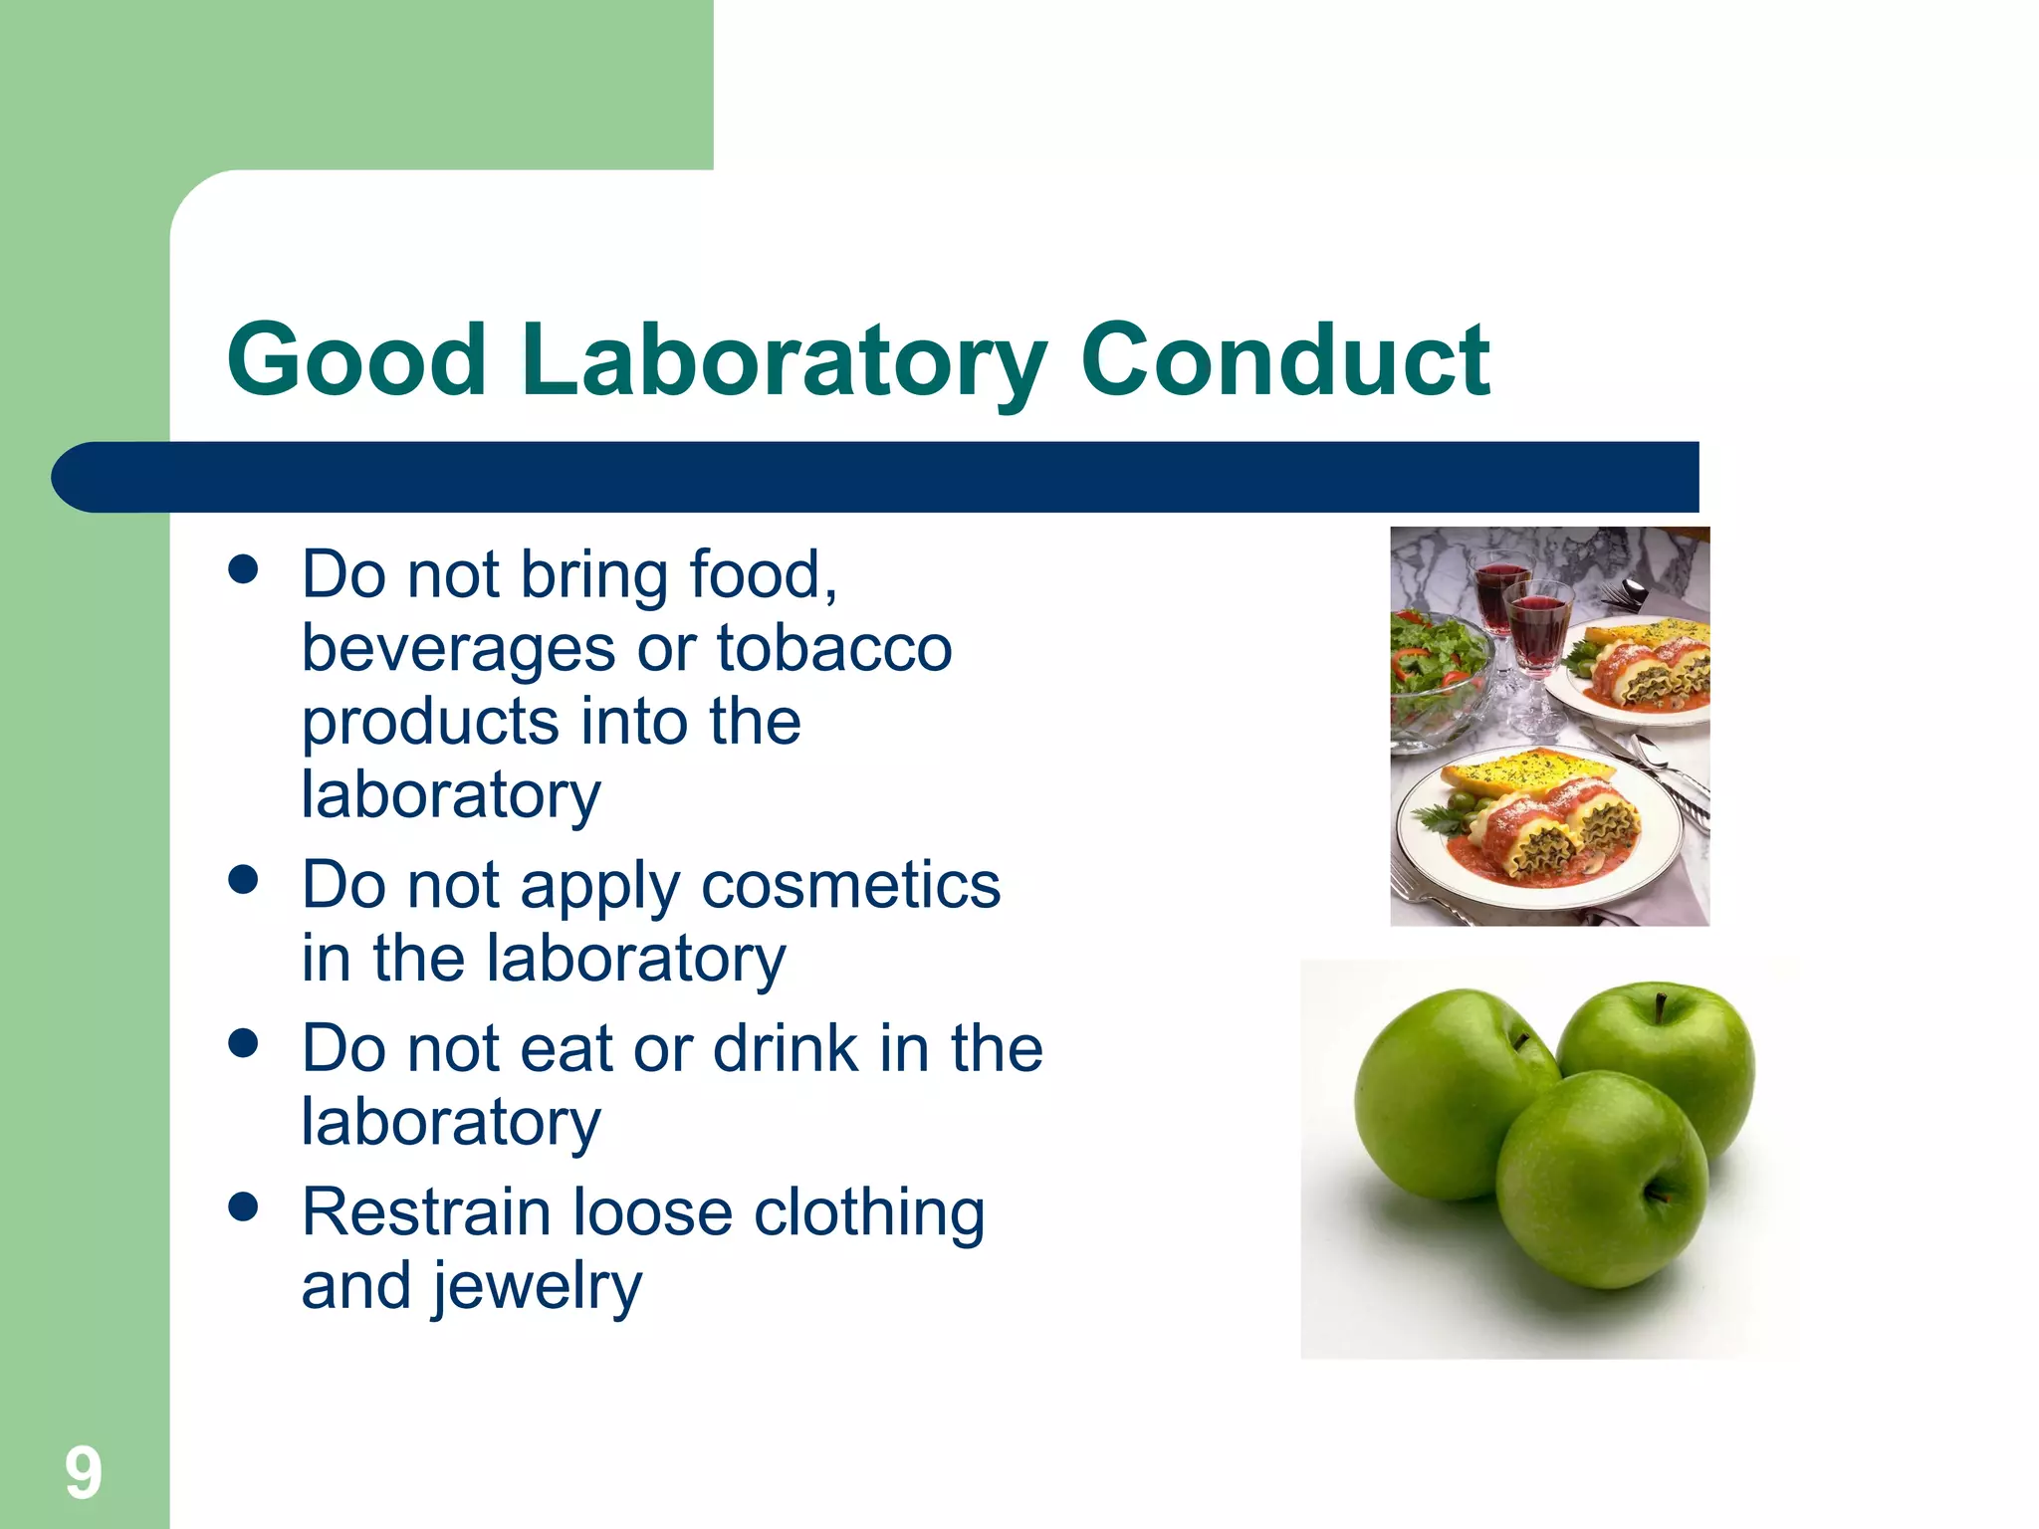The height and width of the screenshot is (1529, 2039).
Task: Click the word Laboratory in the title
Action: (x=784, y=360)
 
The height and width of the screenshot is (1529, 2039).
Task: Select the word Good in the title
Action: (x=355, y=360)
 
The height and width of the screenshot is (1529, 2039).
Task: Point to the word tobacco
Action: (x=834, y=649)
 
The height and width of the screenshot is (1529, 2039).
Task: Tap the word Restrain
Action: (x=426, y=1212)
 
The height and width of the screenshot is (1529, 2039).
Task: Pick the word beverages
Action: (x=458, y=649)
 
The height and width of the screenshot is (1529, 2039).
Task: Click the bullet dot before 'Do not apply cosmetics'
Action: (x=243, y=880)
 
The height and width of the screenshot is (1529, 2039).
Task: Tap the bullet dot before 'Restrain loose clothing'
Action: (x=243, y=1207)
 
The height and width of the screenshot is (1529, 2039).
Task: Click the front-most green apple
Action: (x=1601, y=1180)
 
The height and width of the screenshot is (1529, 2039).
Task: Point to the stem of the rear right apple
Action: (x=1661, y=1006)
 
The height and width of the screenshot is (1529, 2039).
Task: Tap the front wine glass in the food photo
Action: (x=1538, y=637)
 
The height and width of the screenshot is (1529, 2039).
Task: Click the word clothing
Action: (x=869, y=1212)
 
